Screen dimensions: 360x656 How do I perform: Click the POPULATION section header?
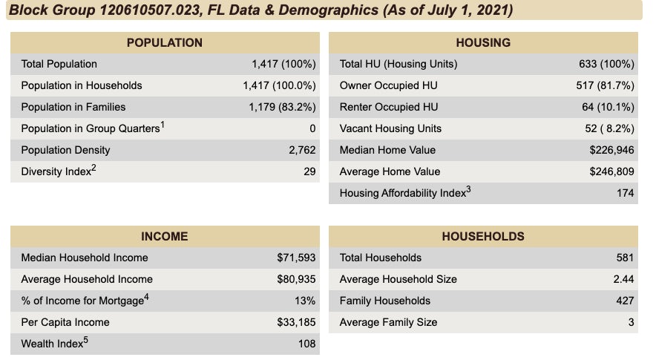pyautogui.click(x=164, y=42)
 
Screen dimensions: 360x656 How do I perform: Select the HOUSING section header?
pyautogui.click(x=482, y=42)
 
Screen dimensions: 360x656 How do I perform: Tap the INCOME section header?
pyautogui.click(x=164, y=236)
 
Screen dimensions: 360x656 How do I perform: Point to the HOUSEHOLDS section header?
pyautogui.click(x=482, y=236)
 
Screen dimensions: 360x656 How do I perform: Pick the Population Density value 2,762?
pyautogui.click(x=302, y=150)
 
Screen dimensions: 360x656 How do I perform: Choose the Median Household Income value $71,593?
pyautogui.click(x=296, y=258)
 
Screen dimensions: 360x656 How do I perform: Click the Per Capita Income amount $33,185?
pyautogui.click(x=296, y=322)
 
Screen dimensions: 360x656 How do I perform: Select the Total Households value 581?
pyautogui.click(x=625, y=258)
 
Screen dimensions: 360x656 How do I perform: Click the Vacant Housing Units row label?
pyautogui.click(x=390, y=128)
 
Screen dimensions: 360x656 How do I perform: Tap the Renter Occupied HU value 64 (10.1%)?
pyautogui.click(x=608, y=107)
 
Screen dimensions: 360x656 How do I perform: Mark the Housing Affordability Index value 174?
pyautogui.click(x=625, y=193)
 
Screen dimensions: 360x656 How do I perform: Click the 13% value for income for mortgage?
pyautogui.click(x=305, y=301)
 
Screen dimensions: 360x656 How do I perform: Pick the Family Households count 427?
pyautogui.click(x=625, y=301)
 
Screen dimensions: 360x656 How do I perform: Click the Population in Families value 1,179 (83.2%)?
pyautogui.click(x=282, y=107)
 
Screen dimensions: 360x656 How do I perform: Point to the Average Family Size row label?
pyautogui.click(x=388, y=322)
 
